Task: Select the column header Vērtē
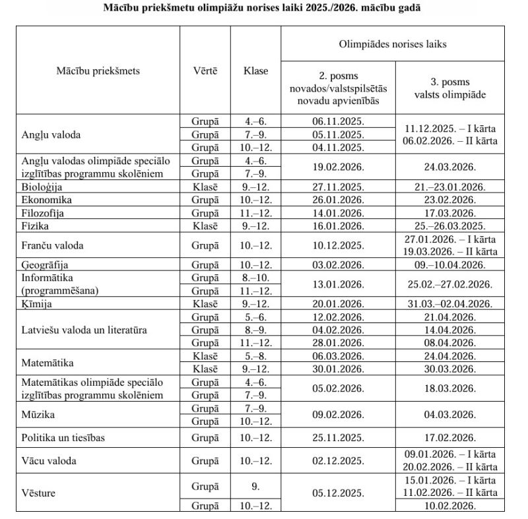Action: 205,71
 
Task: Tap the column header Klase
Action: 255,71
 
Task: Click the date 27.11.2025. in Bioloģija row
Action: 337,187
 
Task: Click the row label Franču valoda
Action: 50,245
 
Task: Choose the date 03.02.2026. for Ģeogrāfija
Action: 337,265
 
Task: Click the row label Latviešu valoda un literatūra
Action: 84,330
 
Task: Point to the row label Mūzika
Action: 37,414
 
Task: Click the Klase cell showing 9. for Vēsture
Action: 255,487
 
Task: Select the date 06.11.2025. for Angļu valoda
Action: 337,122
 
